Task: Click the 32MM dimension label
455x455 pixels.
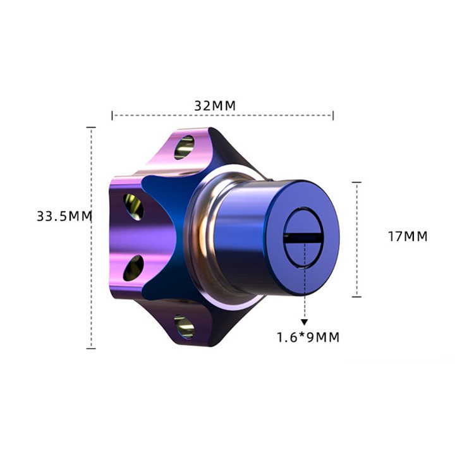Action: pos(215,106)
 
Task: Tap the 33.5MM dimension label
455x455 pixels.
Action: pos(64,216)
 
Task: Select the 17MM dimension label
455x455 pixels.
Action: pos(408,236)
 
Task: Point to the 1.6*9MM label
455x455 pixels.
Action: pos(308,337)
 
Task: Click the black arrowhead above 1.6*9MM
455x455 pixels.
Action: pos(304,322)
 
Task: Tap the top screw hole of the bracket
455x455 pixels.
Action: pos(185,147)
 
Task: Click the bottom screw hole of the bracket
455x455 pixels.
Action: pos(185,327)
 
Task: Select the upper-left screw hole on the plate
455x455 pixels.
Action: pos(133,207)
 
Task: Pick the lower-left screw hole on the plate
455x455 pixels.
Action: pos(133,268)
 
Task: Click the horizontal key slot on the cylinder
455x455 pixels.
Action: pos(303,238)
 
